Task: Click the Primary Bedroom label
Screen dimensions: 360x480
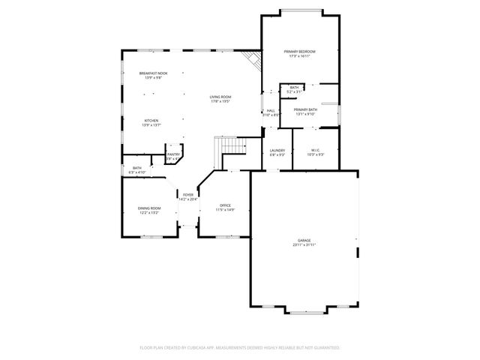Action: coord(299,51)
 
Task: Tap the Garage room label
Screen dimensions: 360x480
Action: coord(304,241)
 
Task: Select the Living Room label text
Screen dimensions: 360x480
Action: coord(220,97)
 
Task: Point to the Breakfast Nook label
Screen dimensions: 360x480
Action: coord(153,73)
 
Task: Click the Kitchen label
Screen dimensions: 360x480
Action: coord(151,121)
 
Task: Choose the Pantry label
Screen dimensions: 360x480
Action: coord(172,154)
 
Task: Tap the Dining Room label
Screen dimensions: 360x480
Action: coord(148,208)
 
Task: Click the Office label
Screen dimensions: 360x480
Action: coord(225,205)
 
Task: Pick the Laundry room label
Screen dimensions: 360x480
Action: coord(277,150)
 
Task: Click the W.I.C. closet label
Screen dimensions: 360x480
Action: coord(316,150)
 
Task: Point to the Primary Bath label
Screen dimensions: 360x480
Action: coord(305,109)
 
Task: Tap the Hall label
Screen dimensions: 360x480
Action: coord(271,110)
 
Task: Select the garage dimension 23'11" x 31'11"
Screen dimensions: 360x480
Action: coord(304,245)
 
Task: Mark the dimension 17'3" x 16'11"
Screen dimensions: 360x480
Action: coord(299,55)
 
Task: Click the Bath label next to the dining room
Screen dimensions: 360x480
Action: coord(137,168)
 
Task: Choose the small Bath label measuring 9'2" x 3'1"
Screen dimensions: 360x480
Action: coord(294,91)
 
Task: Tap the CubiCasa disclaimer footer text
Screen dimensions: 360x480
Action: coord(240,347)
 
